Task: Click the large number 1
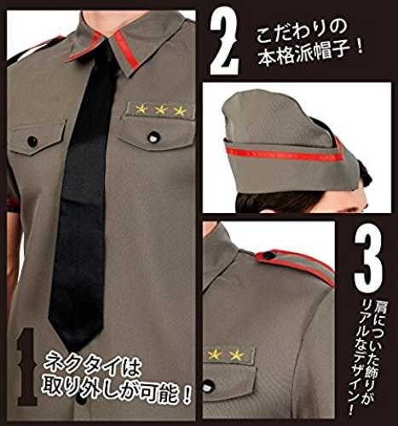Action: click(x=27, y=366)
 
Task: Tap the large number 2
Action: click(x=224, y=44)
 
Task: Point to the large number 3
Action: click(x=368, y=257)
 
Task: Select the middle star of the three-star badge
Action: click(x=160, y=110)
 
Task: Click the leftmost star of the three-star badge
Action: click(x=141, y=109)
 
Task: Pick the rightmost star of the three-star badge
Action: click(x=180, y=112)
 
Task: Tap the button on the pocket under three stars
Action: click(x=153, y=137)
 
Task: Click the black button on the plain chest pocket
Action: click(x=32, y=141)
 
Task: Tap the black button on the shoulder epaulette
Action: click(x=269, y=255)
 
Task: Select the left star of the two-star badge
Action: click(x=215, y=354)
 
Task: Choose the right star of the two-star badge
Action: click(x=236, y=355)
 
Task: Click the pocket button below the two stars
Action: click(x=209, y=388)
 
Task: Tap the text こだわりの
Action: click(x=302, y=32)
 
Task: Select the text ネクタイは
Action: click(x=92, y=368)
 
